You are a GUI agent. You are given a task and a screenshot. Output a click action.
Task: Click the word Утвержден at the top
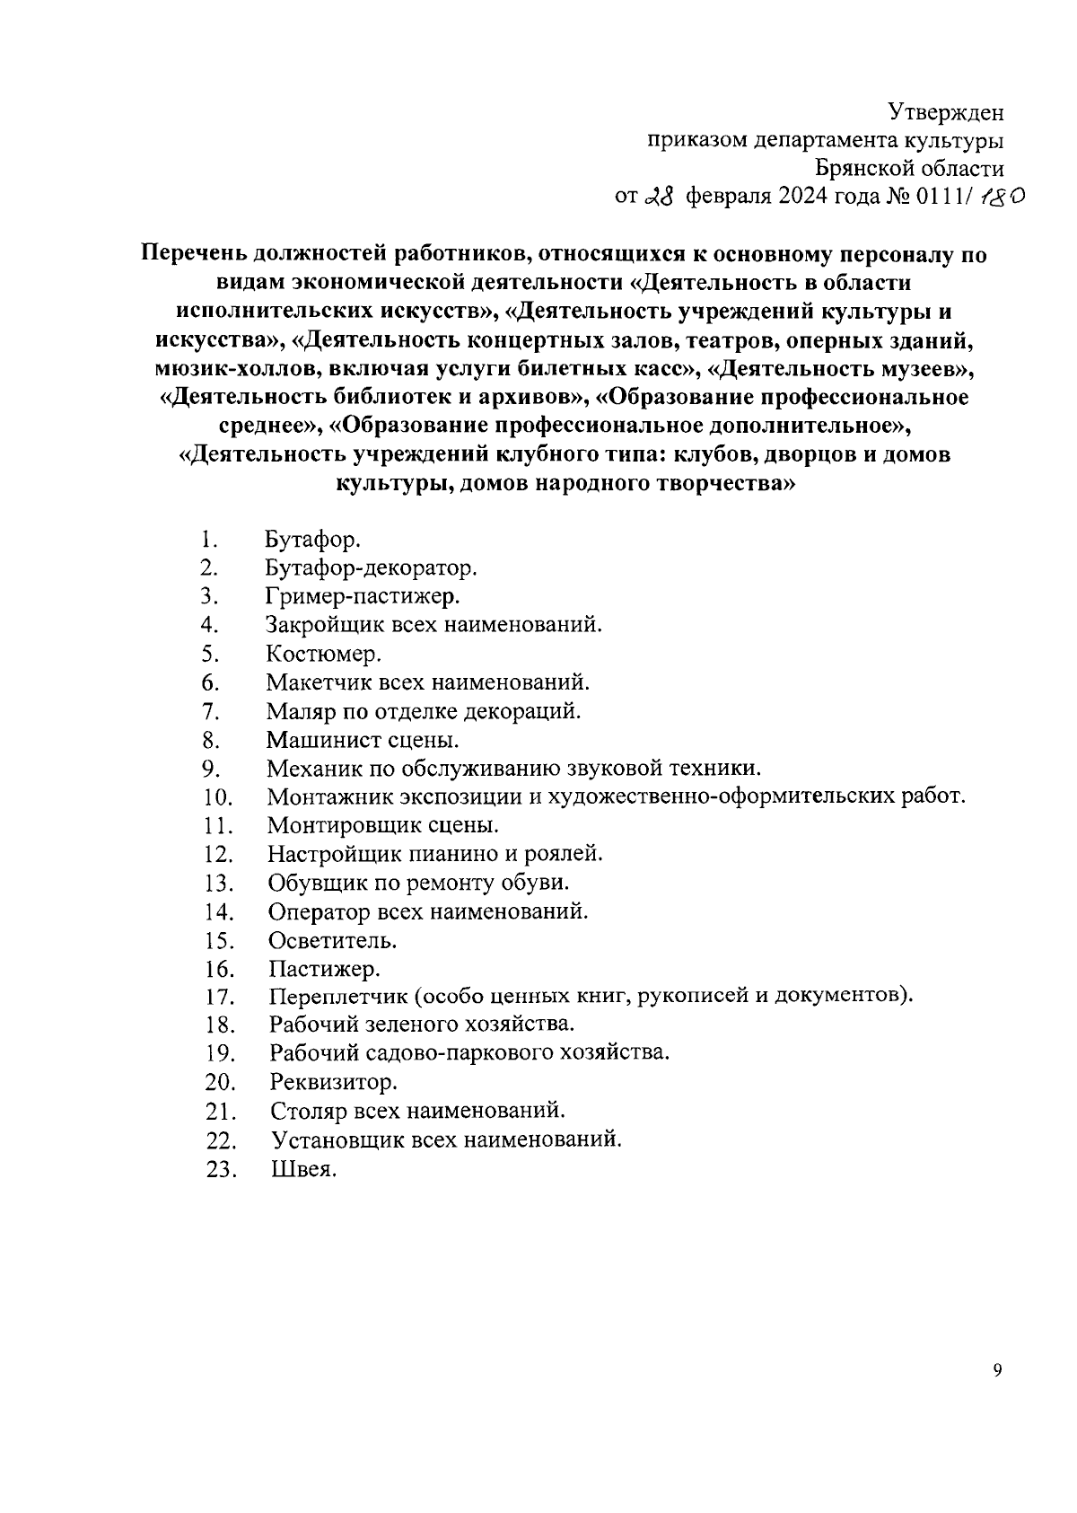[x=946, y=112]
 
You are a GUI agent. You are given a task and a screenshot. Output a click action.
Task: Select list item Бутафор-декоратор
[x=371, y=568]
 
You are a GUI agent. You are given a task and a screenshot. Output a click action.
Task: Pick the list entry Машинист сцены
[x=363, y=740]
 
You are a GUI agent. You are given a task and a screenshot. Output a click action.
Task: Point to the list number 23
[x=221, y=1170]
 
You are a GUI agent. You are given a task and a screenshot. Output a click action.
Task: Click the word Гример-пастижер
[x=363, y=596]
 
